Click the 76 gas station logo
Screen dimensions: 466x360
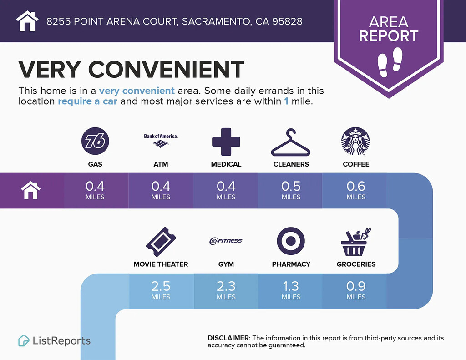click(x=95, y=141)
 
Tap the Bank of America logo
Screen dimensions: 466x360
click(x=161, y=141)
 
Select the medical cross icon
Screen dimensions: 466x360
click(x=226, y=142)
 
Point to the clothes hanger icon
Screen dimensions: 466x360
click(x=291, y=142)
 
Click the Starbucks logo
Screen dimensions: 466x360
click(x=355, y=141)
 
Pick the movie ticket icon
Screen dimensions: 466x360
click(x=161, y=242)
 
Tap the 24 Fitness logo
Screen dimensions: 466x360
click(x=226, y=241)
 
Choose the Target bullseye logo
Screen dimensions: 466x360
click(x=291, y=241)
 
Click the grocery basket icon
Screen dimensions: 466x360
click(x=356, y=242)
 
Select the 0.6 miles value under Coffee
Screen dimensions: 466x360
click(x=356, y=190)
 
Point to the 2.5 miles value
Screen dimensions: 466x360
click(x=161, y=290)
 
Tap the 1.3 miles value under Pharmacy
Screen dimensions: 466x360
click(x=291, y=290)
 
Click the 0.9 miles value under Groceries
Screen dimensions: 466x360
click(x=356, y=290)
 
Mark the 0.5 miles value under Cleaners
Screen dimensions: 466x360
click(x=291, y=190)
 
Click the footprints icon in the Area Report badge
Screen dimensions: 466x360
click(x=390, y=62)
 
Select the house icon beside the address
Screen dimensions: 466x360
click(x=27, y=21)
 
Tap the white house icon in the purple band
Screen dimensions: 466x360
click(x=31, y=191)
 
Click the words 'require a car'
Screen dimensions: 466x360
click(x=88, y=101)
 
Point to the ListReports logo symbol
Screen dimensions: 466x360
click(x=24, y=341)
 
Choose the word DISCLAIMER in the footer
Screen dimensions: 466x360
click(x=229, y=338)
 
